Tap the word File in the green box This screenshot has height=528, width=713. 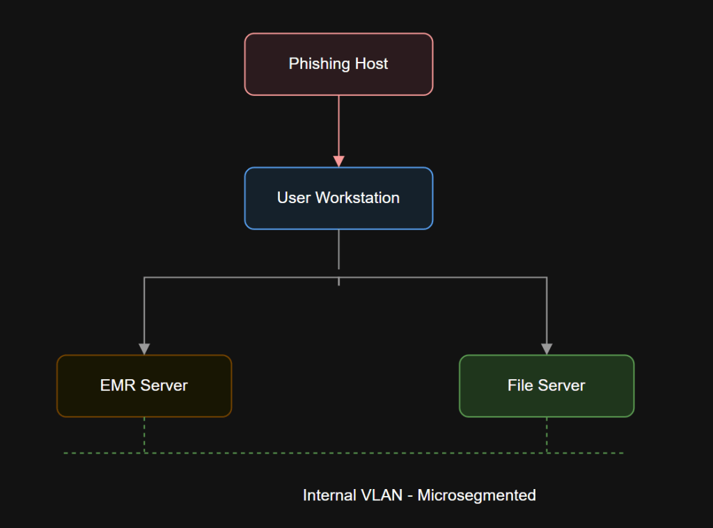[x=520, y=385]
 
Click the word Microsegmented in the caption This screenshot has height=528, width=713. [x=476, y=495]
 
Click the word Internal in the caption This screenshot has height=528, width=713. [x=329, y=495]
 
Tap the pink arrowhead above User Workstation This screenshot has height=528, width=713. [x=338, y=161]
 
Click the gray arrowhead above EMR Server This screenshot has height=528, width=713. [x=144, y=349]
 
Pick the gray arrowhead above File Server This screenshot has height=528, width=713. [x=547, y=349]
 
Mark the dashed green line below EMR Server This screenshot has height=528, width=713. [x=144, y=435]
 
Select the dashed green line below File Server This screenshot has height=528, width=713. [x=547, y=435]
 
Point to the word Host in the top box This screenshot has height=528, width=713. [x=370, y=64]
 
